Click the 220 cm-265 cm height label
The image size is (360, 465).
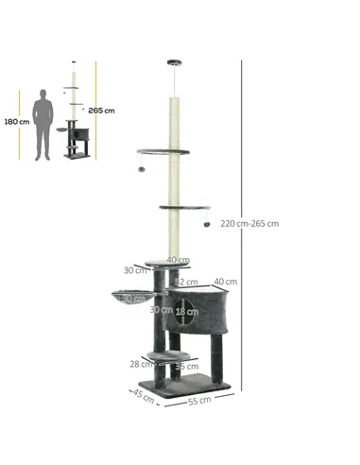[x=250, y=224]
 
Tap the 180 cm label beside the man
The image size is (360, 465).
[x=16, y=121]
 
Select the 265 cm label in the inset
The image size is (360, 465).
[x=102, y=111]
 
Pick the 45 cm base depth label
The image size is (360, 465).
[x=143, y=395]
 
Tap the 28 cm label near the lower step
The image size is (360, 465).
[x=141, y=363]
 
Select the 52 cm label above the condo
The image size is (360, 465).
[x=187, y=282]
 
